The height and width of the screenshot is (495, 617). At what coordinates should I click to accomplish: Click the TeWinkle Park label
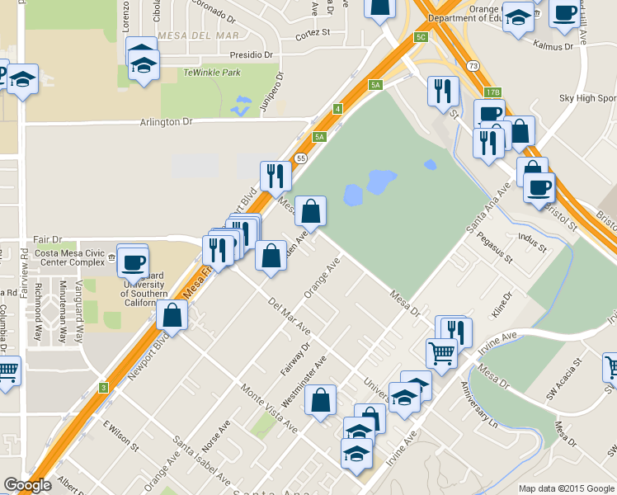click(x=212, y=72)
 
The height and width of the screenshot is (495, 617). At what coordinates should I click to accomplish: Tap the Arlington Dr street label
click(x=165, y=121)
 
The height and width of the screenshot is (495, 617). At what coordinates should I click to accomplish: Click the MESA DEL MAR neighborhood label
click(x=197, y=36)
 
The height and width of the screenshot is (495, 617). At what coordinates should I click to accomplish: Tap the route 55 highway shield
click(x=301, y=158)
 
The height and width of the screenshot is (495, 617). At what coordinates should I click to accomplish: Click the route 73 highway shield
click(x=471, y=65)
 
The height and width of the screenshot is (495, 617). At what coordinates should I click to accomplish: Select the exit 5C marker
click(x=422, y=38)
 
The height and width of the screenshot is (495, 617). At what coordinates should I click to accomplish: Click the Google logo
click(x=26, y=485)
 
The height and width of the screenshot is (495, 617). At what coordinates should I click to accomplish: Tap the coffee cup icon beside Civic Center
click(x=133, y=263)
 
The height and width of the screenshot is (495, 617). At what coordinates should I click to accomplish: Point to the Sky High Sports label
click(x=587, y=98)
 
